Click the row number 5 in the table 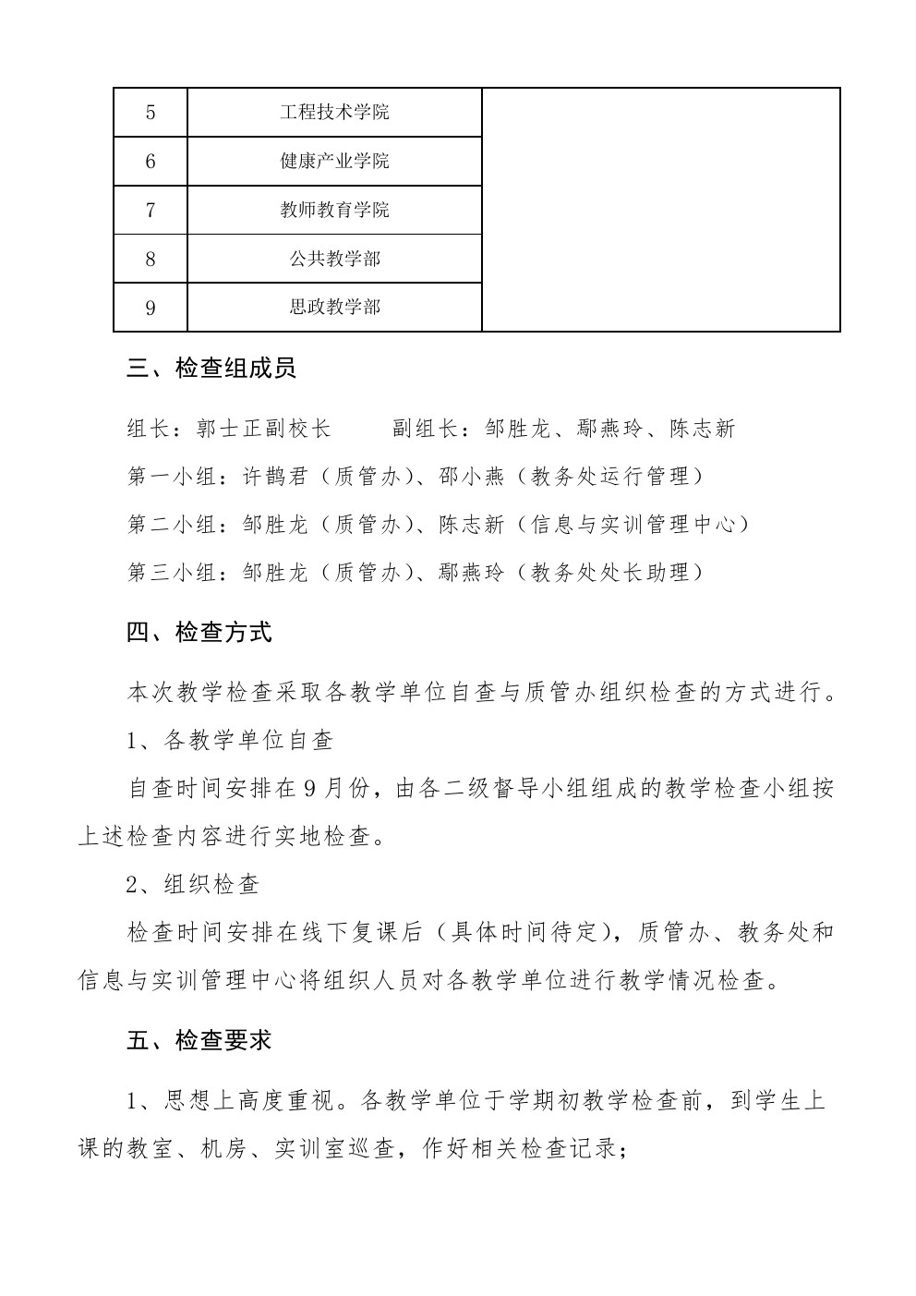151,113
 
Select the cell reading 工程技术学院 334,113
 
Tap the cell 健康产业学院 334,162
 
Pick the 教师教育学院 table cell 334,211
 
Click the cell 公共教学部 334,259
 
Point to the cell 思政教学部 334,307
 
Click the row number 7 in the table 151,211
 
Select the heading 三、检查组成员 211,369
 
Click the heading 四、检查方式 199,633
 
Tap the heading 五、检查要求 199,1040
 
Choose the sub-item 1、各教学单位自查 229,740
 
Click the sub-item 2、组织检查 193,884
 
